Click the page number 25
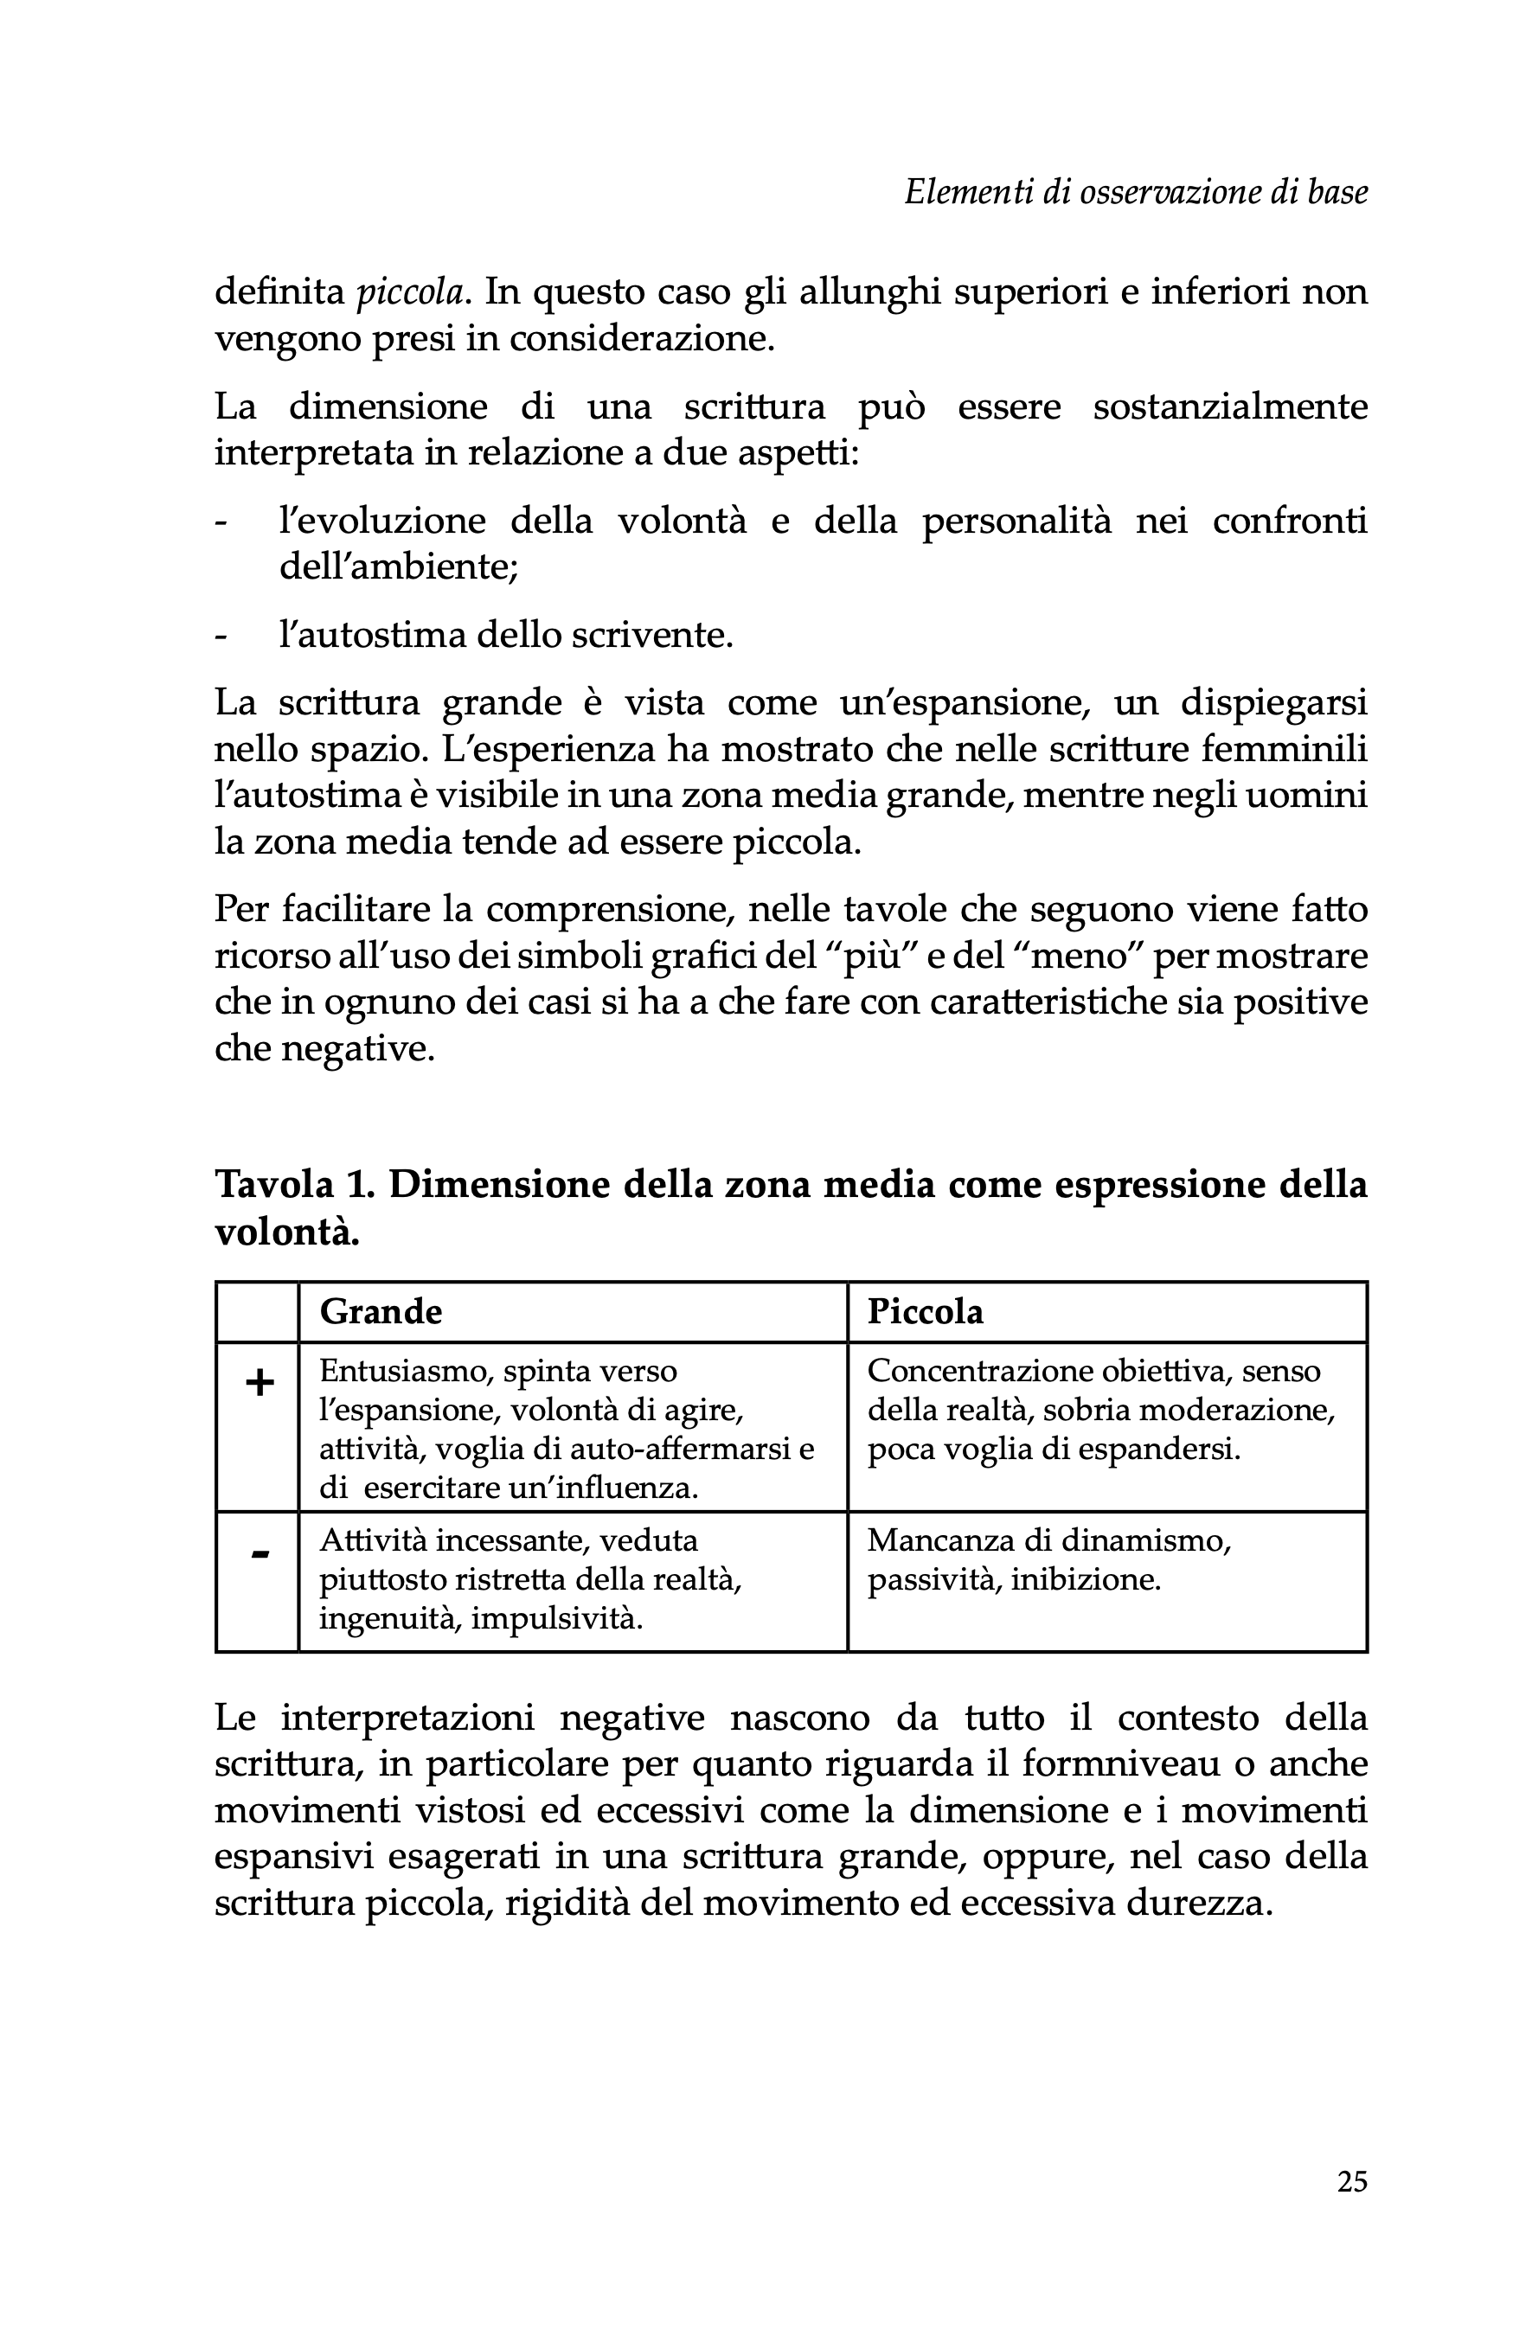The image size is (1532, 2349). (x=1351, y=2180)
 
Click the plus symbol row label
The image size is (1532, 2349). (x=259, y=1384)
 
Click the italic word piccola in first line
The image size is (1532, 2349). (x=408, y=293)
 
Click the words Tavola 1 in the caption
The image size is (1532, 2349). (x=294, y=1184)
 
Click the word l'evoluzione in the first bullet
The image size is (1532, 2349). (x=382, y=520)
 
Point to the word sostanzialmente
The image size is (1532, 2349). (x=1230, y=406)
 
